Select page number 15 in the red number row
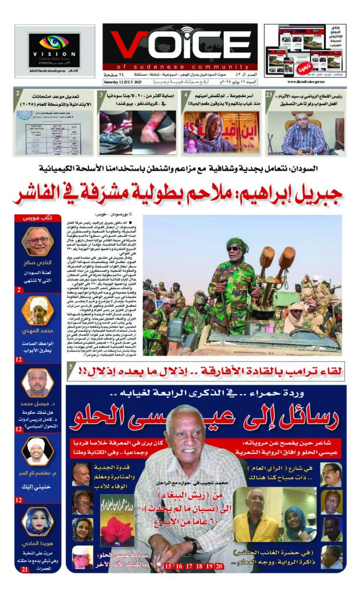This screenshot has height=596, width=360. coord(169,566)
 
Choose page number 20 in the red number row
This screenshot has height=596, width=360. coord(219,566)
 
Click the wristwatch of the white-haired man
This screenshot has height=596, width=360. coord(193,545)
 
